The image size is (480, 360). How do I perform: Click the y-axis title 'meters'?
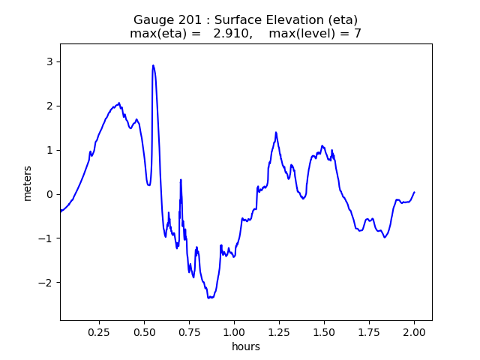point(28,182)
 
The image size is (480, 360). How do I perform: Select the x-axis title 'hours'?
point(246,346)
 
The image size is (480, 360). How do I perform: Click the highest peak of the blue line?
point(153,65)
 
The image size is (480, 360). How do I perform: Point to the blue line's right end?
point(414,192)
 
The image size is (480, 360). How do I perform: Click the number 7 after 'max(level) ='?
point(358,34)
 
